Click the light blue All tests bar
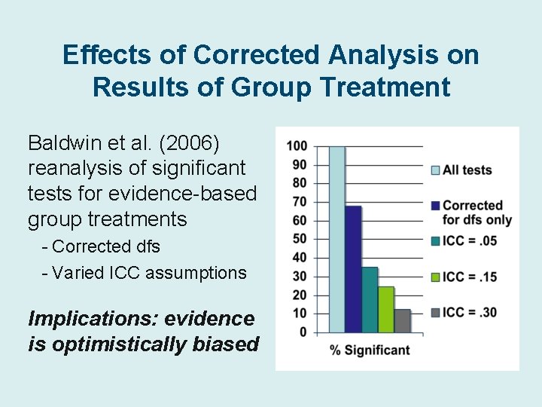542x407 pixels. (336, 239)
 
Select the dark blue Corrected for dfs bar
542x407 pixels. (353, 268)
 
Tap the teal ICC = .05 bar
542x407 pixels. (370, 299)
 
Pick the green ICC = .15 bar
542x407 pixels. (386, 309)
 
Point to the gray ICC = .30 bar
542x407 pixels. (402, 320)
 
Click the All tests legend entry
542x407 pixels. (461, 170)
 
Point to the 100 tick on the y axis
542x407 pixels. (297, 145)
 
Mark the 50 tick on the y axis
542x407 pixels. (300, 239)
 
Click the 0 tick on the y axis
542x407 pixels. (303, 332)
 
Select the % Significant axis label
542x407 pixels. (370, 349)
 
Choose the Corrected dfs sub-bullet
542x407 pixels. (101, 246)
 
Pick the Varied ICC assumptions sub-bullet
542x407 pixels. (144, 272)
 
